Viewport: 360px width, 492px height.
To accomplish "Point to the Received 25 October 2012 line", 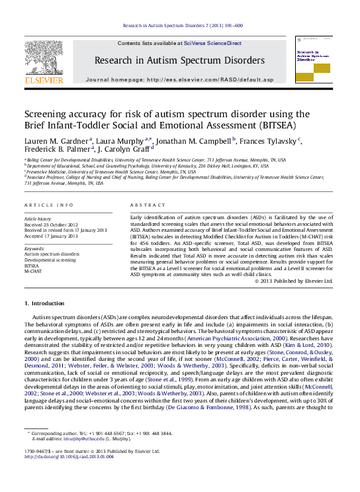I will coord(51,224).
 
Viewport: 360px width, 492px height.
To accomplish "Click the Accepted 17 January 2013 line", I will coord(51,236).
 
